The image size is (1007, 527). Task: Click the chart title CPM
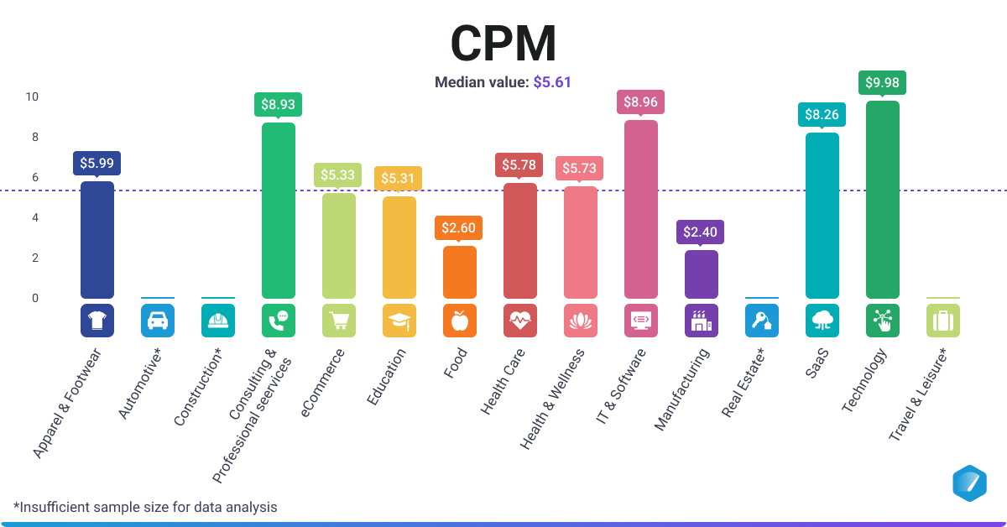503,44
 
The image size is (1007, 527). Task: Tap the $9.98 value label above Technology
882,82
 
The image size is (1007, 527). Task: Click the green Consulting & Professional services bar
279,210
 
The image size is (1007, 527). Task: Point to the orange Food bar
460,272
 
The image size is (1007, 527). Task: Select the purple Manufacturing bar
702,274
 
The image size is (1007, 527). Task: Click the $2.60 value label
460,228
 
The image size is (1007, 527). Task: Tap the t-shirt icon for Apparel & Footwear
97,321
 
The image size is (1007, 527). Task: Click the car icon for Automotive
158,321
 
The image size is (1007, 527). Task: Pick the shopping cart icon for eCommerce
339,321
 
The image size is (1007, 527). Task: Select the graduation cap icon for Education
399,321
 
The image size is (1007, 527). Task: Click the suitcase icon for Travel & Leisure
943,321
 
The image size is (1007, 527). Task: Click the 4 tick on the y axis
35,217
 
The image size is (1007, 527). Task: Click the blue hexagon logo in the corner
969,483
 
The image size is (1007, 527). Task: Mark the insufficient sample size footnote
144,507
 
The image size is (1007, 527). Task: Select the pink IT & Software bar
641,209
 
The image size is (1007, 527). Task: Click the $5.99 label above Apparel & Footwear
97,163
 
